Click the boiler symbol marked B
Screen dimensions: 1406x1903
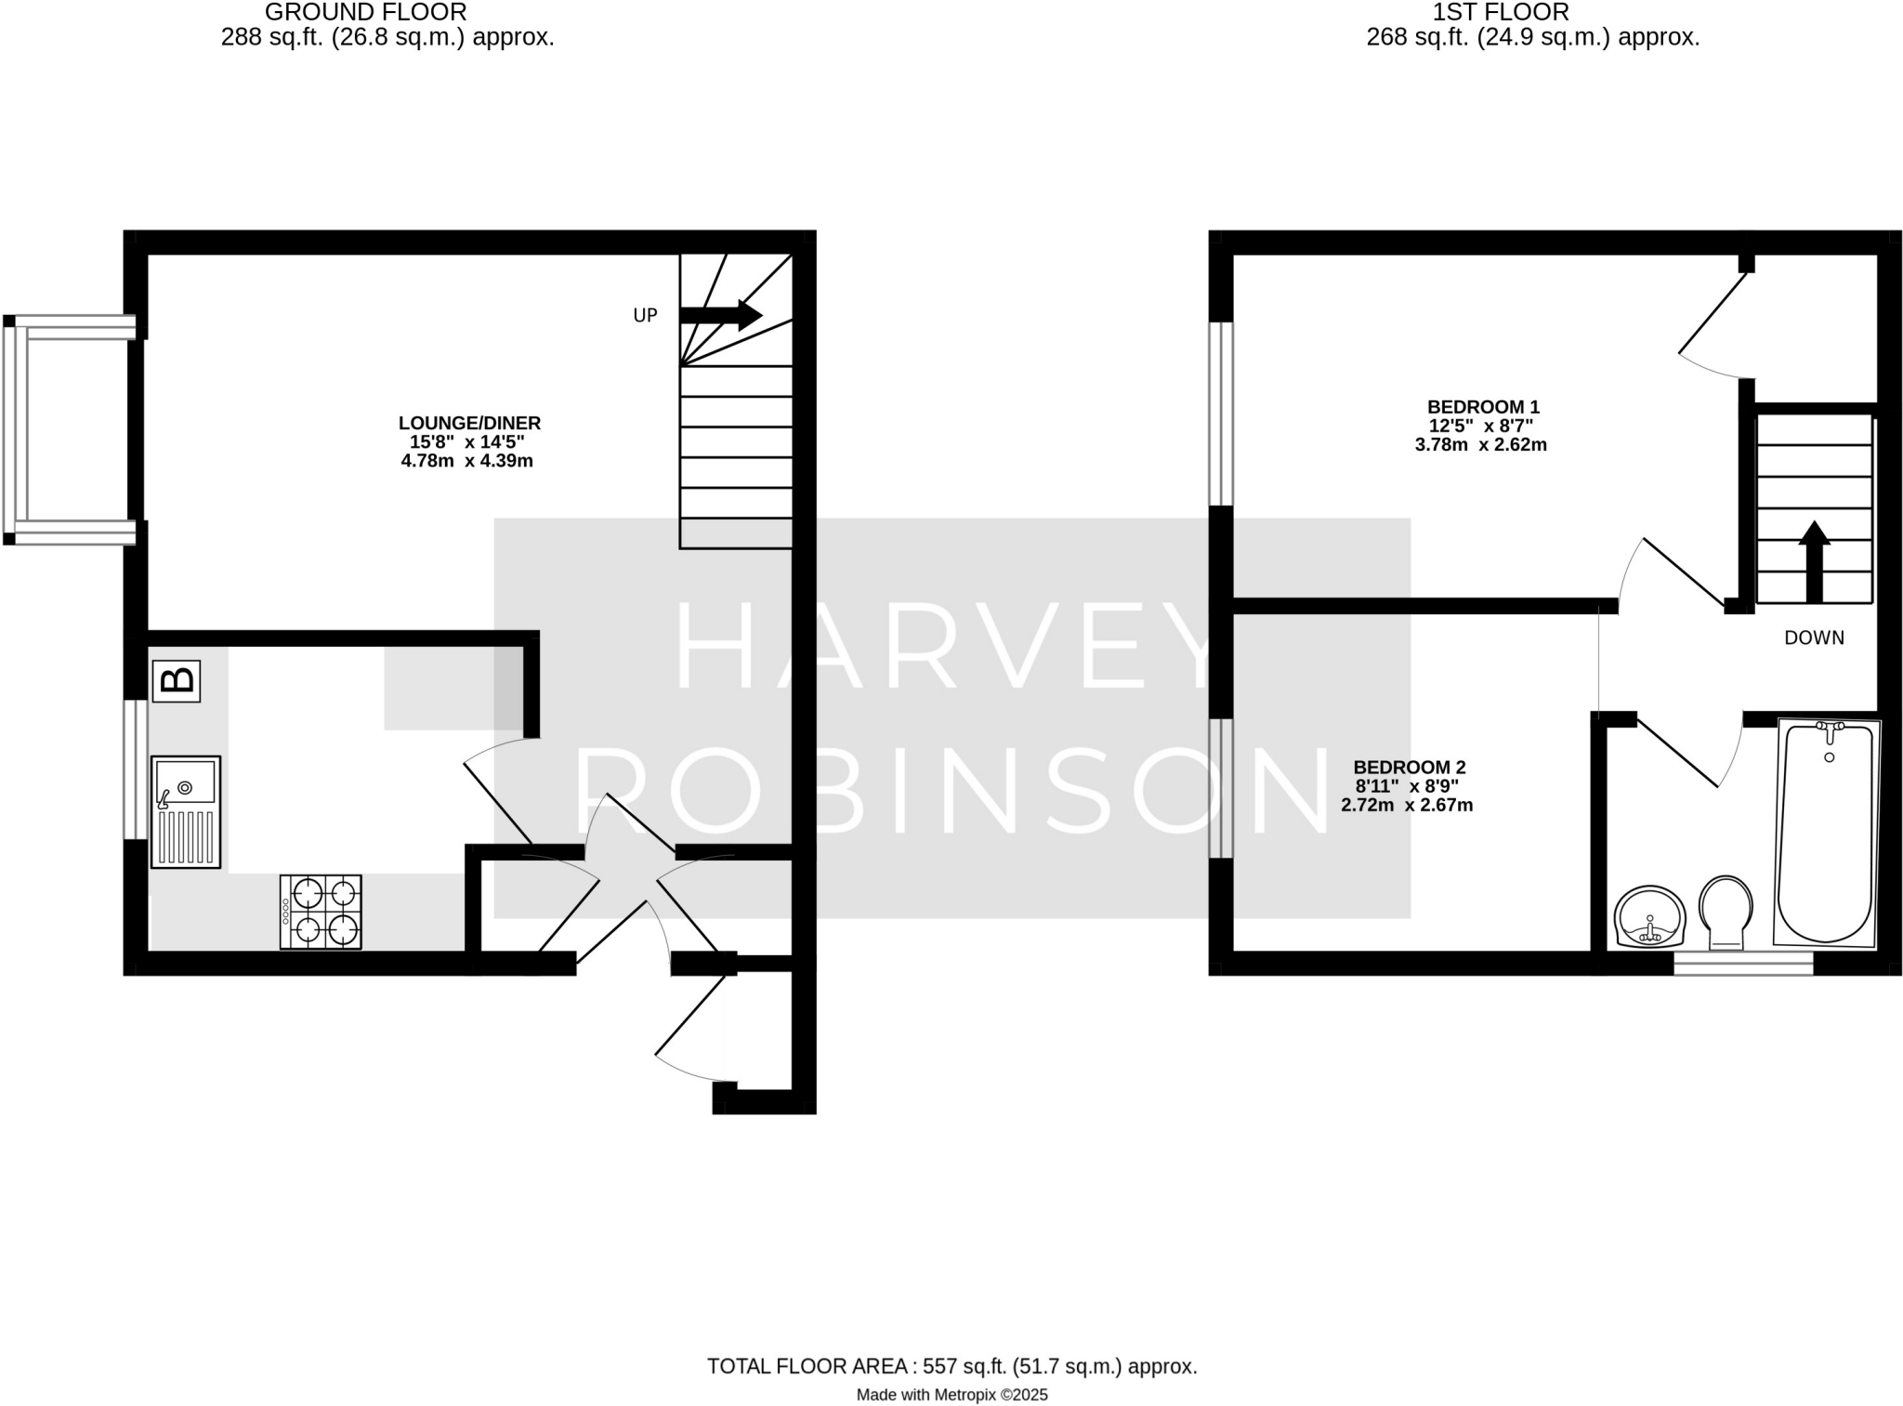tap(177, 680)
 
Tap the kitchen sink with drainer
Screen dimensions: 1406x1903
tap(186, 811)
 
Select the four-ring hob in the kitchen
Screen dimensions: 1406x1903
tap(321, 911)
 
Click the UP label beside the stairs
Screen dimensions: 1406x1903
tap(645, 316)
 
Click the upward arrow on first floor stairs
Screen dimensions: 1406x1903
tap(1814, 561)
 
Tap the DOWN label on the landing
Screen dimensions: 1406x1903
tap(1814, 637)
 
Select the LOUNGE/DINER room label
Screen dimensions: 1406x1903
tap(469, 423)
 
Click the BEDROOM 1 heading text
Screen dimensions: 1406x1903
tap(1483, 407)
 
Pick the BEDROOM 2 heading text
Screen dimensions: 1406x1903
tap(1409, 768)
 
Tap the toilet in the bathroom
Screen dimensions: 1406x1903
tap(1726, 911)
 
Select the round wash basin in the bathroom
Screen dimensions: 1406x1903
tap(1649, 916)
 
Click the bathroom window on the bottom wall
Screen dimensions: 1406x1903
tap(1742, 963)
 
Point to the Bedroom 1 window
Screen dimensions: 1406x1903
tap(1220, 414)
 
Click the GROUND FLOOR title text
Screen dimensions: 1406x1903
tap(366, 12)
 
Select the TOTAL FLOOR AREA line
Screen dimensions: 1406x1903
tap(951, 1366)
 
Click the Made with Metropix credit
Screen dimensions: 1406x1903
tap(951, 1394)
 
